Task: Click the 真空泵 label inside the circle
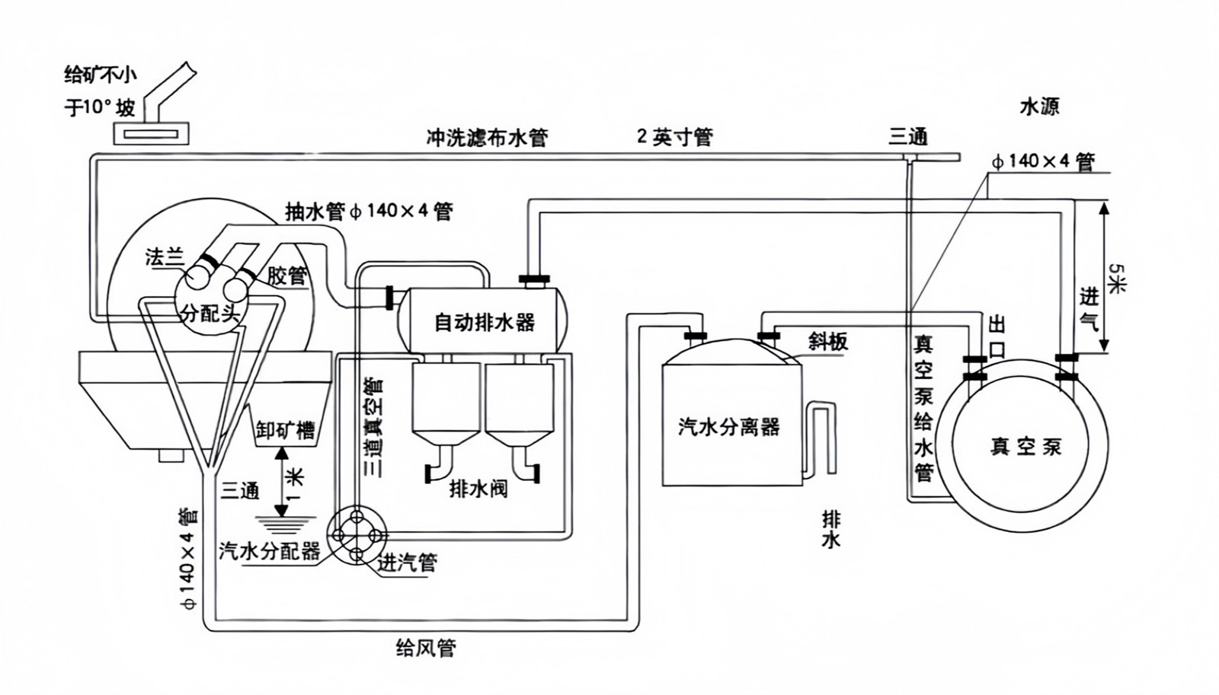(1025, 446)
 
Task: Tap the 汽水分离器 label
(729, 426)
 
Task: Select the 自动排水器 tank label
(485, 322)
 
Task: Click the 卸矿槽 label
(285, 429)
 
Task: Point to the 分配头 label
(210, 313)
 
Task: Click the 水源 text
(1039, 107)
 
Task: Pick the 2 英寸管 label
(675, 137)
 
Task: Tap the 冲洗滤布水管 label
(487, 138)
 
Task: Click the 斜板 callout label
(828, 342)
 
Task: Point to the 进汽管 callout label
(408, 563)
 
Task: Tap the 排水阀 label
(478, 489)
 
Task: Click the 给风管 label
(426, 648)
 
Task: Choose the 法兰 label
(165, 257)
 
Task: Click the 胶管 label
(287, 276)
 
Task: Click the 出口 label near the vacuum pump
(997, 336)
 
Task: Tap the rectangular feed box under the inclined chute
(151, 134)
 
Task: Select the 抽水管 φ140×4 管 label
(369, 212)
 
